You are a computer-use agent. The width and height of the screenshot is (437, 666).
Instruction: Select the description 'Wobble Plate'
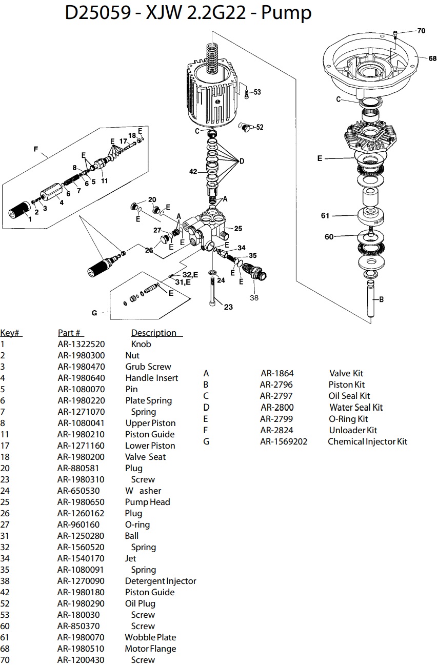click(150, 637)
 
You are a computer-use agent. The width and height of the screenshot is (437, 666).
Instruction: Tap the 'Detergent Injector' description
click(161, 581)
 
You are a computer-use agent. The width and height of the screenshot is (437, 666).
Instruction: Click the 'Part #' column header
click(71, 333)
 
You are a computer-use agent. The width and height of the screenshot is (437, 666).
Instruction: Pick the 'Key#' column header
click(11, 333)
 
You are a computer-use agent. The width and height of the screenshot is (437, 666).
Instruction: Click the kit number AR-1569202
click(284, 441)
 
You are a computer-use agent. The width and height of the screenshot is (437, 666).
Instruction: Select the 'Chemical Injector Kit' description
click(367, 441)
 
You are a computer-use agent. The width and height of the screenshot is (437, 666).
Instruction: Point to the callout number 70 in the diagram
click(421, 31)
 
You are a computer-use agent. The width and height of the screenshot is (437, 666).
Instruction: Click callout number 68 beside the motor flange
click(432, 58)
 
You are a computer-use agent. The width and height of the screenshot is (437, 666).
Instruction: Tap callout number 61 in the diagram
click(325, 216)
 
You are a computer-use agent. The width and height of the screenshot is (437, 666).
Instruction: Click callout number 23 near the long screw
click(228, 307)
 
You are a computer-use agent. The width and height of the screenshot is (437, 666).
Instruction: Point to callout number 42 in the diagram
click(193, 172)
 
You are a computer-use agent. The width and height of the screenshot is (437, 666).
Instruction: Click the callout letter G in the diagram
click(94, 313)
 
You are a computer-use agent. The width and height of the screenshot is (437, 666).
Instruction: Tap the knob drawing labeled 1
click(19, 212)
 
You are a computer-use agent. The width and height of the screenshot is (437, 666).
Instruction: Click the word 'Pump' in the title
click(286, 13)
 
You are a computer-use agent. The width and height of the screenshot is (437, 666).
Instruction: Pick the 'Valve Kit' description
click(346, 373)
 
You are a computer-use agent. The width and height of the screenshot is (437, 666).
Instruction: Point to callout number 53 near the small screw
click(257, 92)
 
